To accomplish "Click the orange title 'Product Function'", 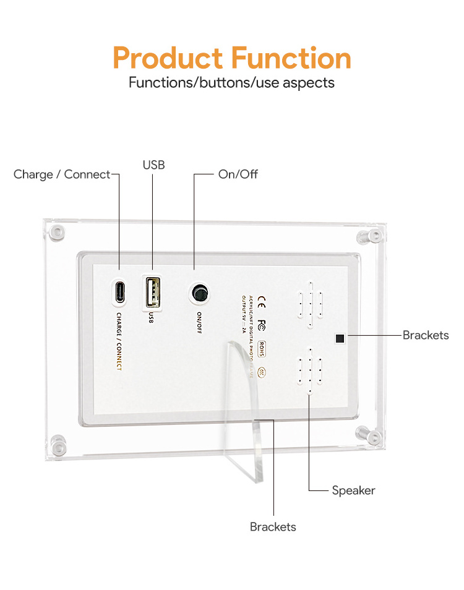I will click(232, 58).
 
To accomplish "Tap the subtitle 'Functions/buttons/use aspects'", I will click(231, 82).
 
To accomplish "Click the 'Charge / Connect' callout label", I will click(61, 174).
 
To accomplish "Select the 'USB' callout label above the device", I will click(153, 165).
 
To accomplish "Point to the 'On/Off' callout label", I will click(238, 174).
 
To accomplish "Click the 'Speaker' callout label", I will click(353, 490).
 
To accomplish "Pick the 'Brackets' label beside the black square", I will click(426, 335).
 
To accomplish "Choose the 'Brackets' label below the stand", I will click(273, 527).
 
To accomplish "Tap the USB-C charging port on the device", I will click(119, 293).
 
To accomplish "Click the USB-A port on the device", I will click(152, 291).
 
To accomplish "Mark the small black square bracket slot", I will click(339, 338).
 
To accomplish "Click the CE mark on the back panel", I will click(262, 303).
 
